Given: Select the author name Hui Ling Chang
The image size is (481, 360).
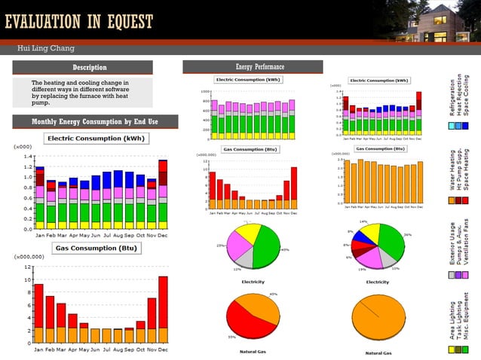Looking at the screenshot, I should [46, 48].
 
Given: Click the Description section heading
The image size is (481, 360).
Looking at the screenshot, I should [89, 68].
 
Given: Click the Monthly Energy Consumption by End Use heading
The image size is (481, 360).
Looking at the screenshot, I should [94, 122].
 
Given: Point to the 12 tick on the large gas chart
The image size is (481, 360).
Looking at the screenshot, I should [27, 267].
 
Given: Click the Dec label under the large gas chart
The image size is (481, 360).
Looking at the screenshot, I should [163, 349].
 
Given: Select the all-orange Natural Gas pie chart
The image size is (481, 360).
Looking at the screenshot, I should [377, 318].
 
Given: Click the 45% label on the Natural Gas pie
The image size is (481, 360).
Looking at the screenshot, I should [273, 294].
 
